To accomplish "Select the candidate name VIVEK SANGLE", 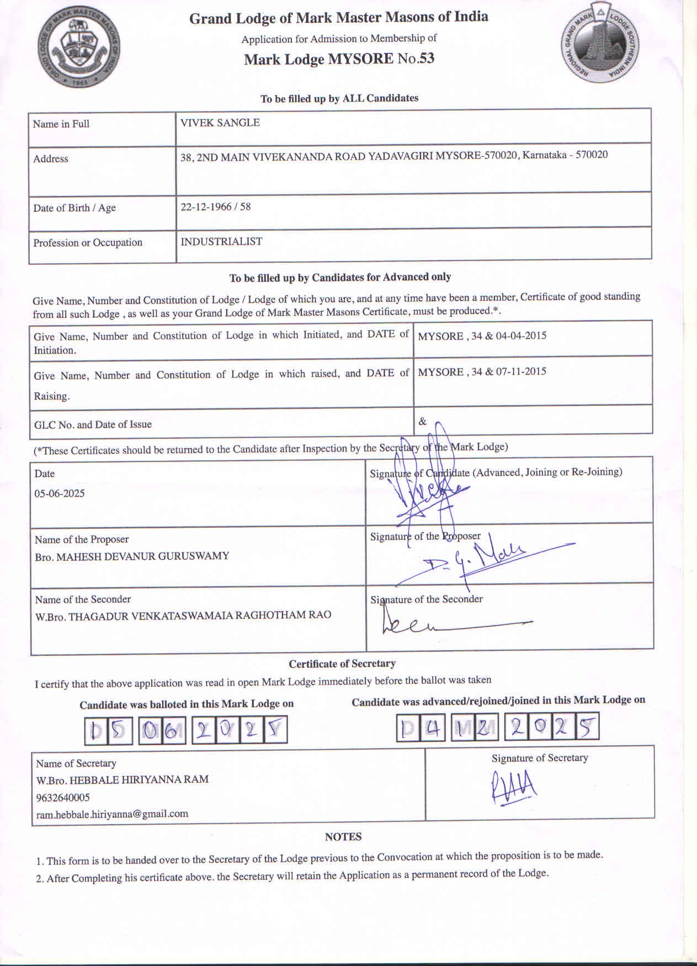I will coord(220,123).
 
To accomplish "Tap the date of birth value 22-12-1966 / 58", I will coord(215,207).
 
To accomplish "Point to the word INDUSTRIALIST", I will coord(221,242).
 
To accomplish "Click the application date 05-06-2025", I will coord(60,493).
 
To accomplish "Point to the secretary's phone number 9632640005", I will coord(63,797).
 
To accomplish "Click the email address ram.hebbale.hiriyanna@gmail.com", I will coord(112,814).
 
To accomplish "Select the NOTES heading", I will coord(343,837).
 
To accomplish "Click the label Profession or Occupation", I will coord(88,243).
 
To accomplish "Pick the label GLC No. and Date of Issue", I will coord(93,424).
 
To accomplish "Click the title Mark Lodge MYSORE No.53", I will coord(339,59).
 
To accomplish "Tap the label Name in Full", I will coord(61,124).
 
